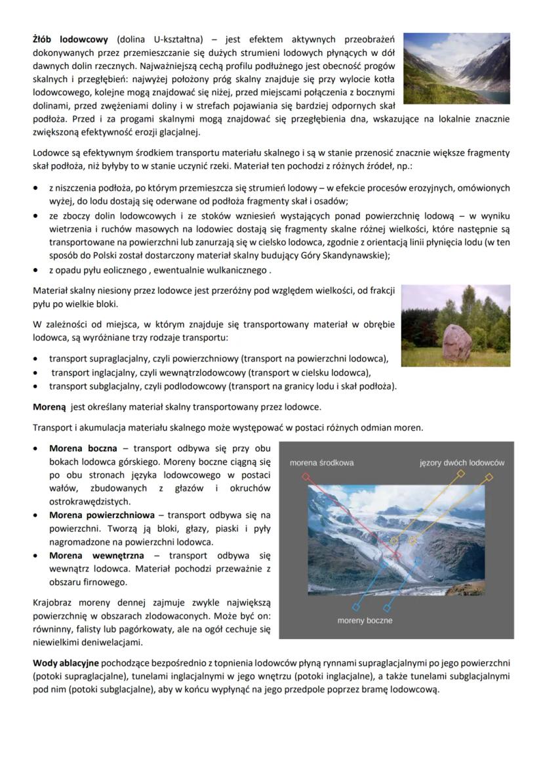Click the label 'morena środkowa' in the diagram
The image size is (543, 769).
tap(321, 462)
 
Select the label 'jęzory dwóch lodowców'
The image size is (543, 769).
tap(462, 462)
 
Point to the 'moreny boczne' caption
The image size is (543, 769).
tap(365, 620)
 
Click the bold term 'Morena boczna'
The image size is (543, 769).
tap(83, 449)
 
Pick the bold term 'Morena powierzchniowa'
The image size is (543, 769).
tap(102, 515)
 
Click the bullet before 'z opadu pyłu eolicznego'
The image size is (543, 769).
tap(37, 270)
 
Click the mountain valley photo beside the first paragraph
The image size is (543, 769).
tap(456, 68)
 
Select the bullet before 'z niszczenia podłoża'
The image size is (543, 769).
tap(37, 188)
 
